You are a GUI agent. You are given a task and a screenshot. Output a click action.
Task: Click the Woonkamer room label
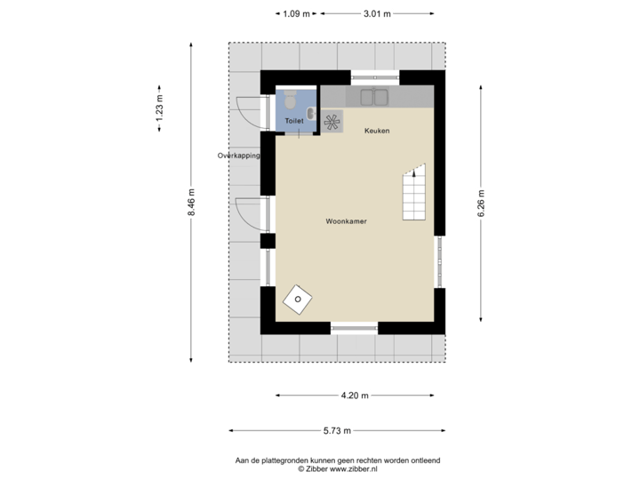tap(347, 220)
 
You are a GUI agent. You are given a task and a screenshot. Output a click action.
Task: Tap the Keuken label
tap(377, 131)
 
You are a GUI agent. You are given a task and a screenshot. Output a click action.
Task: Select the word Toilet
tap(293, 119)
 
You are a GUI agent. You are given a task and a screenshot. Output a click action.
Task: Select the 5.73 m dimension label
tap(338, 430)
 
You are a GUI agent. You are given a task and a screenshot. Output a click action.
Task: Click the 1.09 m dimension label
tap(297, 12)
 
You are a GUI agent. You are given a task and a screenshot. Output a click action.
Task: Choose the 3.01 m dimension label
tap(376, 12)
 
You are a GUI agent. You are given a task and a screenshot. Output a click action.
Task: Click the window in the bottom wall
tap(355, 328)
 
